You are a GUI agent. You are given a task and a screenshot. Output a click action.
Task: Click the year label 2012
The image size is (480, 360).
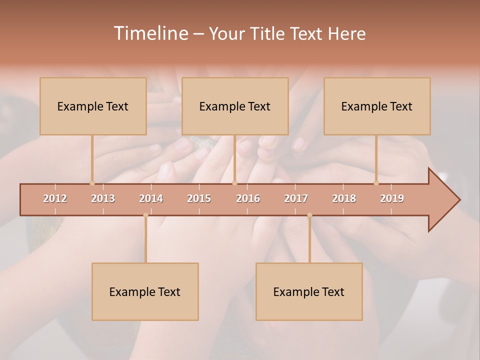coord(55,199)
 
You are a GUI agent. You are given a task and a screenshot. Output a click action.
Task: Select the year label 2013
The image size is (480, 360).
coord(103,199)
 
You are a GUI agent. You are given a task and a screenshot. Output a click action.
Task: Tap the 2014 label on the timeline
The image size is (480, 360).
coord(151,199)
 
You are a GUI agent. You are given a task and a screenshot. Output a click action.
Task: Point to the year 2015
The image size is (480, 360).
coord(199,199)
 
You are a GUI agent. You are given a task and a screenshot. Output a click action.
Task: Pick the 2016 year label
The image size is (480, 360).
coord(248,199)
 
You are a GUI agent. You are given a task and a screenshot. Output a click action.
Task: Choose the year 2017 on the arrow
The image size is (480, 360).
coord(296,199)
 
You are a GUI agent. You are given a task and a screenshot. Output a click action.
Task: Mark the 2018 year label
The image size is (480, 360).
coord(344,199)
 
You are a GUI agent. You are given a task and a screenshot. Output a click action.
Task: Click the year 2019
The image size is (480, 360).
coord(392,199)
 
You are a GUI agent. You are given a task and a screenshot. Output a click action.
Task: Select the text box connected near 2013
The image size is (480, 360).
coord(93,106)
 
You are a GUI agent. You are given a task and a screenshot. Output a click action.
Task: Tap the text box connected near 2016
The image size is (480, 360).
coord(235,106)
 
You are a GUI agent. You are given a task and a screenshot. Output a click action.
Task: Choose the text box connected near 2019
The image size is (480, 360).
coord(377,106)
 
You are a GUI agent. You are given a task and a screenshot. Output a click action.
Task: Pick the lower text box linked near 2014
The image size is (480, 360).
coord(145,291)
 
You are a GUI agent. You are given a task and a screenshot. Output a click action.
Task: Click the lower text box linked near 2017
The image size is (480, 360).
coord(309,291)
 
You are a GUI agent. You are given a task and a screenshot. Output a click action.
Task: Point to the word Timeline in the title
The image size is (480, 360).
coord(150,33)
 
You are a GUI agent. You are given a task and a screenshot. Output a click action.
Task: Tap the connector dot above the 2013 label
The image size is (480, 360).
coord(92,183)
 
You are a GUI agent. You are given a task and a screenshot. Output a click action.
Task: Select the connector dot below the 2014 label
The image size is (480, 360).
coord(145,215)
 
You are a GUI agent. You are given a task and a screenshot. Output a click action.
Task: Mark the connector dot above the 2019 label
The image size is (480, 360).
coord(376,183)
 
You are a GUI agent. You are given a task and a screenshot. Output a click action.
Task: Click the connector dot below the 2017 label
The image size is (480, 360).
coord(309,215)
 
